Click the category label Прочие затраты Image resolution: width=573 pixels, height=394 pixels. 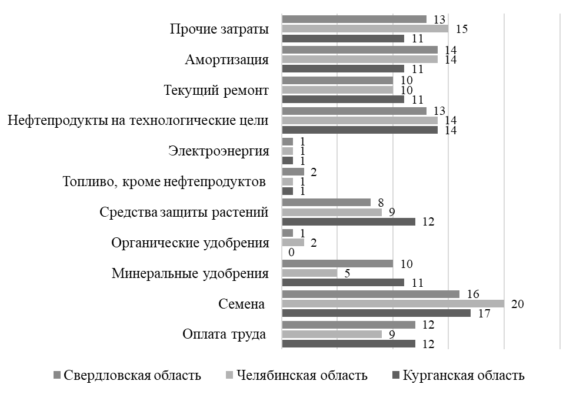[x=219, y=29]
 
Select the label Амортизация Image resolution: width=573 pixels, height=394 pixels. [x=226, y=60]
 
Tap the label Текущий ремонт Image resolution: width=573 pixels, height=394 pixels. [x=216, y=91]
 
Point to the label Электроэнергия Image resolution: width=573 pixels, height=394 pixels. [x=219, y=151]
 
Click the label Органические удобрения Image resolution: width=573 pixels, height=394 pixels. [x=190, y=243]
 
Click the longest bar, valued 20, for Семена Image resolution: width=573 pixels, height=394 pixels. [x=393, y=304]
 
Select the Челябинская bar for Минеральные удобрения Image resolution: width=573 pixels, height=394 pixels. [x=309, y=273]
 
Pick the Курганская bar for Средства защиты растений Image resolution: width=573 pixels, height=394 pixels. [x=348, y=222]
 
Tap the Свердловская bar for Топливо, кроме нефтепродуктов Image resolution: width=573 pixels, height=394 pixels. [x=293, y=171]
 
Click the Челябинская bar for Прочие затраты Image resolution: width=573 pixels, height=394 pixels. [x=365, y=28]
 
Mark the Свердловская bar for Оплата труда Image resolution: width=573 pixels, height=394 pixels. [x=348, y=325]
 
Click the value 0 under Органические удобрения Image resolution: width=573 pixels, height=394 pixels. [x=291, y=253]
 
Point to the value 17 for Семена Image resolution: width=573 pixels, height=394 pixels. [x=485, y=314]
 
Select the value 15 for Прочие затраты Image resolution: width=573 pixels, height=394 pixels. [x=461, y=28]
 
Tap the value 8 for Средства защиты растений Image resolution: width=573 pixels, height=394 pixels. [x=381, y=202]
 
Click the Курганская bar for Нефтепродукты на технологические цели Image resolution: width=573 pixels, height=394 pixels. [x=359, y=130]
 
